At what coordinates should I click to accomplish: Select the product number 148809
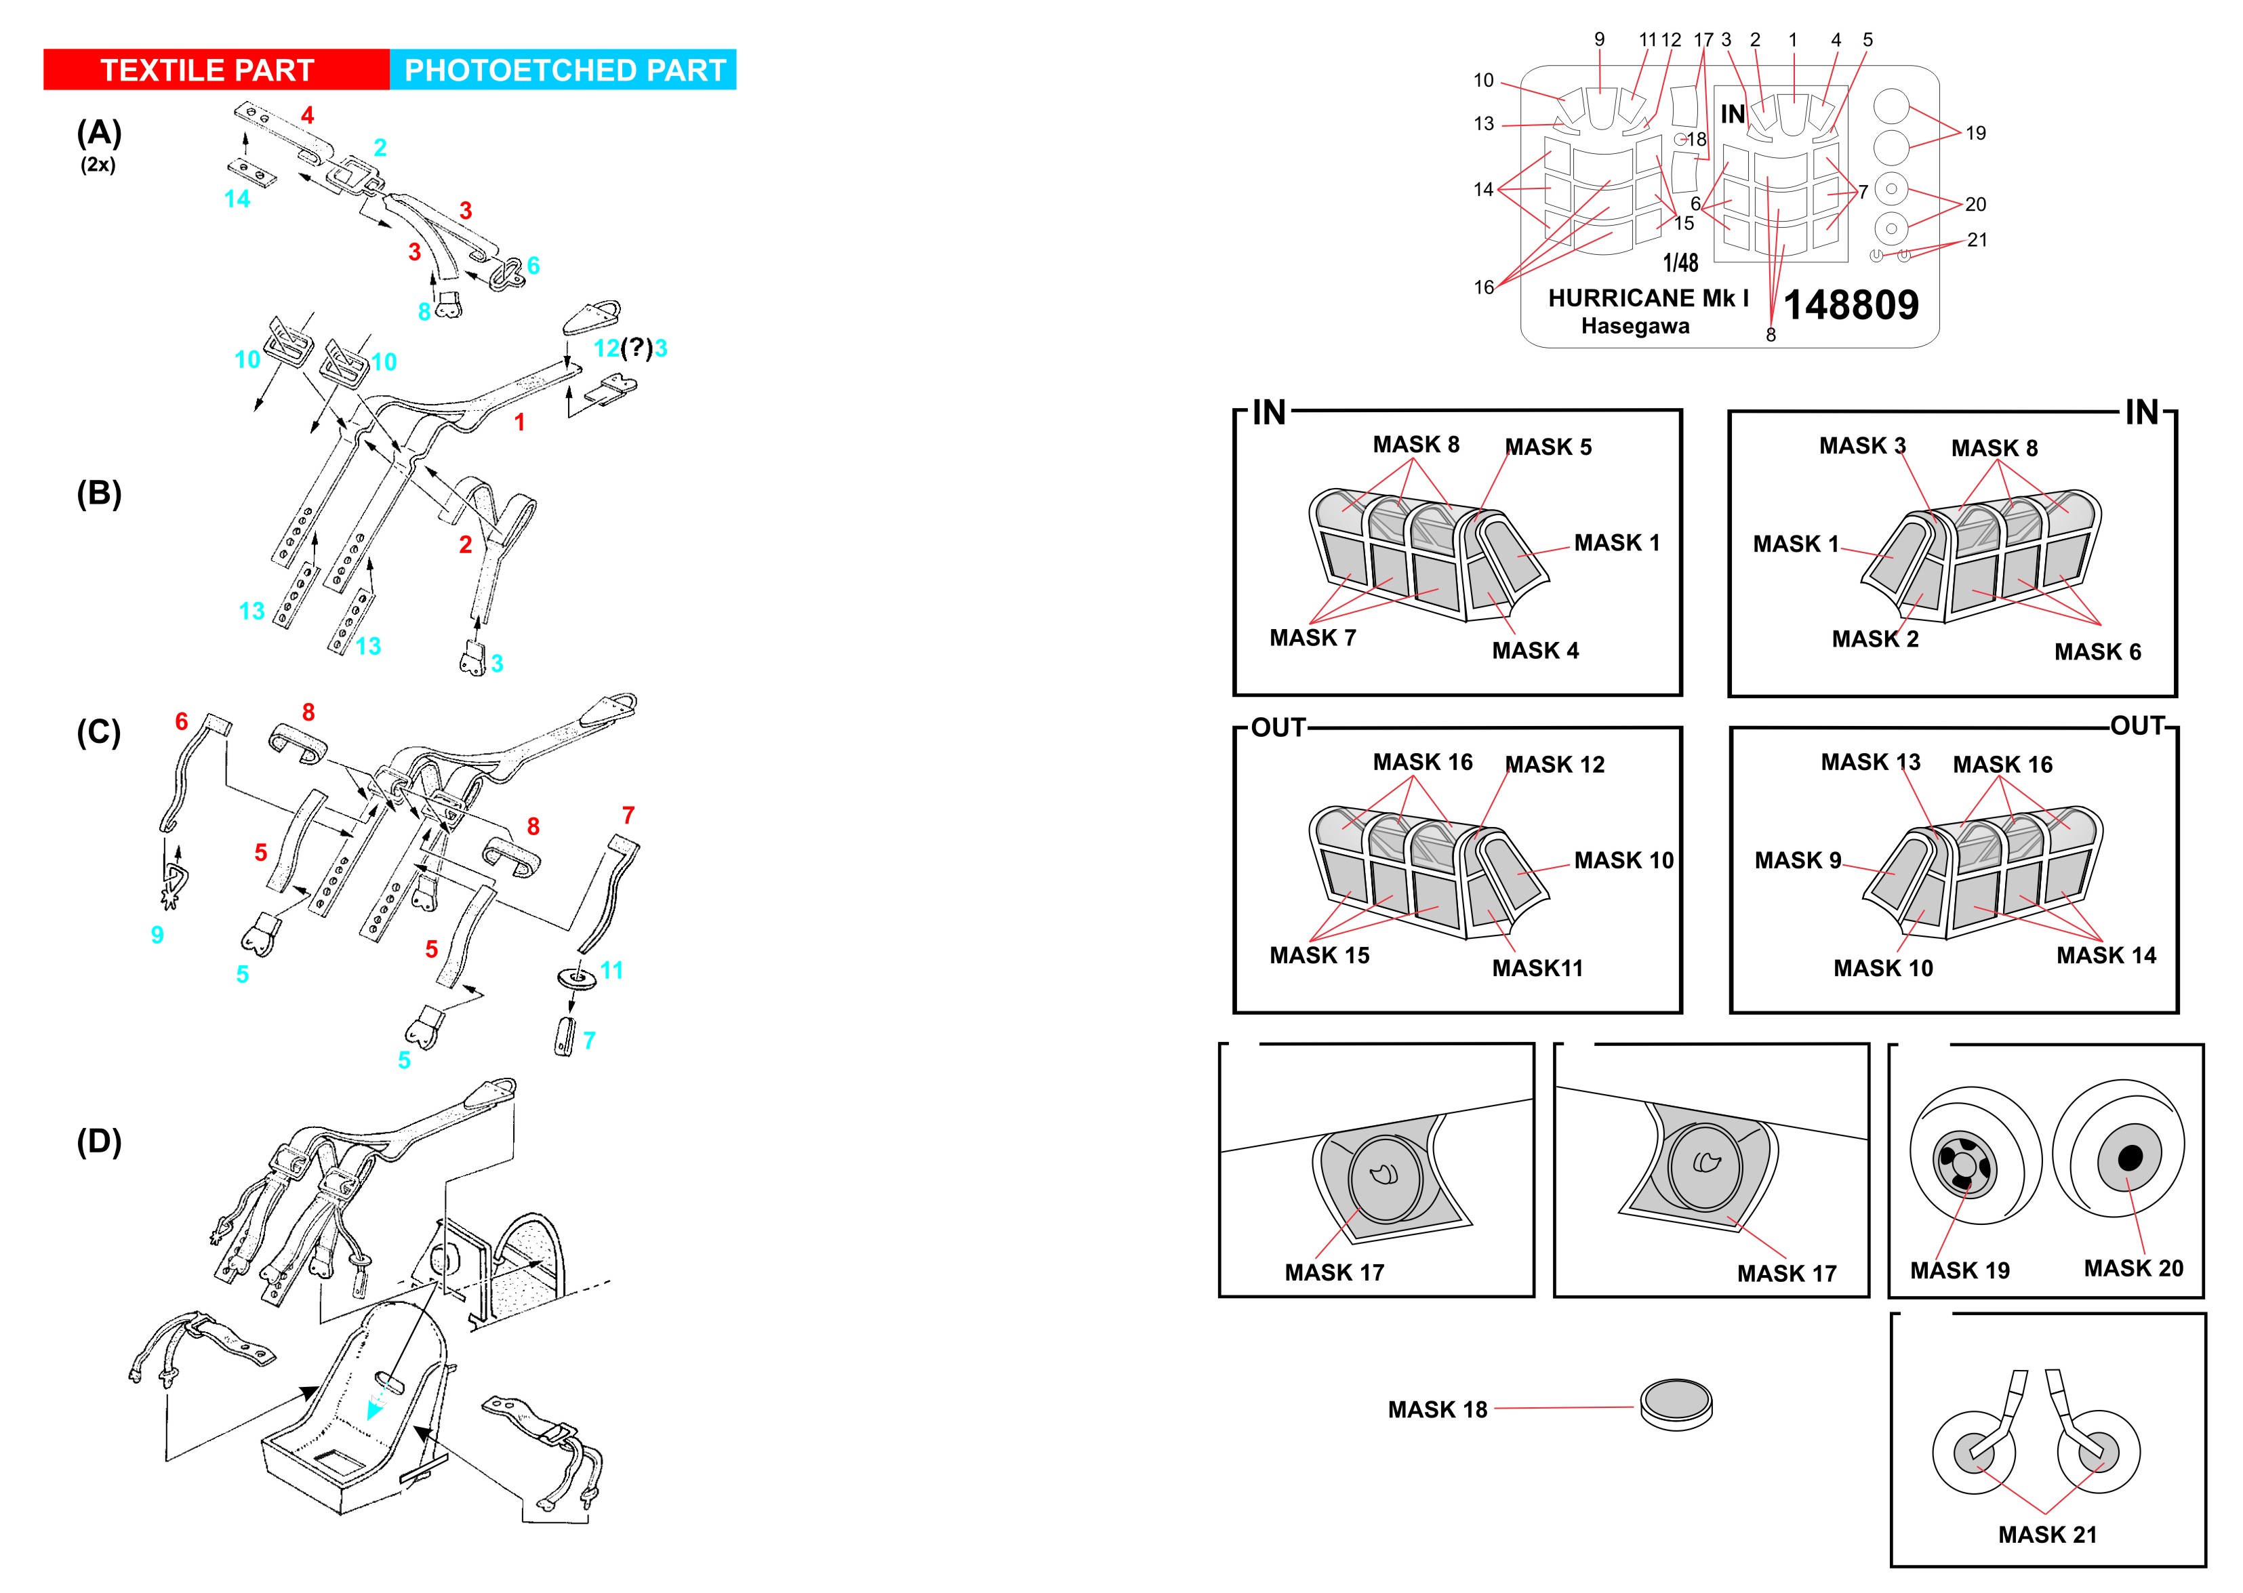[1850, 305]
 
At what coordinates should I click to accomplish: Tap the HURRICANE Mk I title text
[1648, 298]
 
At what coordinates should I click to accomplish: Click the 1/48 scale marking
[1680, 263]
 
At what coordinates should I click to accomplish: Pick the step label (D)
[99, 1141]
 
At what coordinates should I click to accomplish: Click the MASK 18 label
[1437, 1409]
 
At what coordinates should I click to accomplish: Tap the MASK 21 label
[2047, 1534]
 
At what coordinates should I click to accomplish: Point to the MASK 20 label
[2133, 1268]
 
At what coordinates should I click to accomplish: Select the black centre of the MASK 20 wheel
[2130, 1158]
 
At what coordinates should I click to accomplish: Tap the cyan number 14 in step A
[237, 199]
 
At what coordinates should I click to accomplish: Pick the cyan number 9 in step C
[157, 935]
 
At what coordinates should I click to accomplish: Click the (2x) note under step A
[98, 165]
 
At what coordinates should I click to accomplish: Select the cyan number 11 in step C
[611, 970]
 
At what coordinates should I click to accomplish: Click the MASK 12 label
[1554, 764]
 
